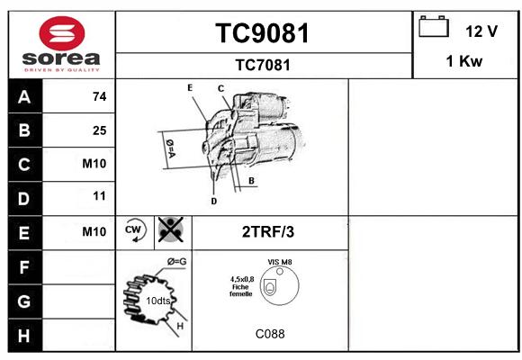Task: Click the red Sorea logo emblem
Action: pos(62,33)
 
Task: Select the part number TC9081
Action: pos(263,33)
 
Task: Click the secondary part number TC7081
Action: pos(263,65)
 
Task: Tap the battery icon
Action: pos(434,26)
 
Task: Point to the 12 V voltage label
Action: pos(481,31)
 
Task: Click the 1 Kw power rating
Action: pos(464,61)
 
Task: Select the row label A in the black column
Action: pos(24,97)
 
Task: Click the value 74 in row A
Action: pos(100,96)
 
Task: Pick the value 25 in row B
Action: pos(100,130)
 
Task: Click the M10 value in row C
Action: pos(94,164)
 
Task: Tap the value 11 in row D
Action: pos(99,196)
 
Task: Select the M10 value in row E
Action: pos(94,231)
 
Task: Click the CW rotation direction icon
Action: pos(134,230)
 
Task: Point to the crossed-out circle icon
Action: pos(170,229)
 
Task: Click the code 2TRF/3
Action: pos(268,232)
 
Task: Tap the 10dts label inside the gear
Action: pos(158,301)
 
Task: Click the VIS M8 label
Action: pos(280,262)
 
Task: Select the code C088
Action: pos(270,334)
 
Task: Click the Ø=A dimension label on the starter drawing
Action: pos(170,148)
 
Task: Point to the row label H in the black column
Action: pos(24,336)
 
